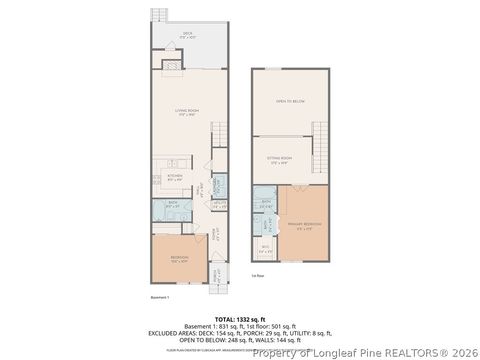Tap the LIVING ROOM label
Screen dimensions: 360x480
[x=186, y=113]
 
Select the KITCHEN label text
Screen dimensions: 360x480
[x=174, y=177]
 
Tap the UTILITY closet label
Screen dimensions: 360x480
[x=219, y=205]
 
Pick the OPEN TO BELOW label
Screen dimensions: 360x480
[x=290, y=100]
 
